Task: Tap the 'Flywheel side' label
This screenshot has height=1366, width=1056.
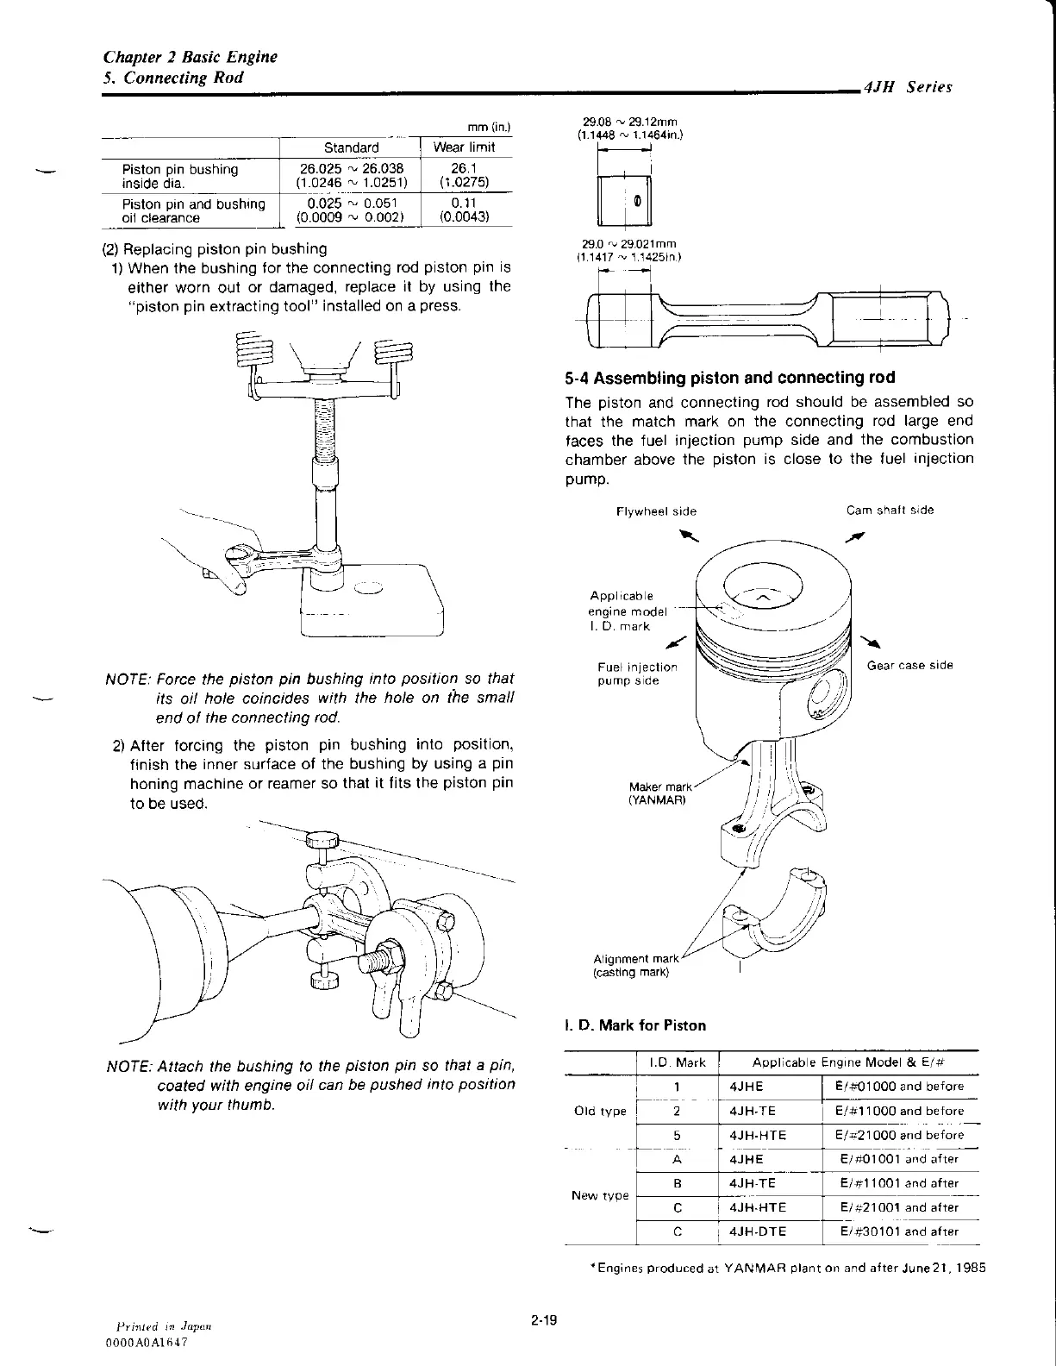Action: click(x=656, y=511)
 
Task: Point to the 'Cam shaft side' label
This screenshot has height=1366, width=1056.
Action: click(x=890, y=510)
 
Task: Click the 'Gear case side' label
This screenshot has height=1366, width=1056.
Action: click(x=909, y=665)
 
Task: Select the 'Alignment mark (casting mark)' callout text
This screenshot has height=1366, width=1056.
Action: click(x=636, y=965)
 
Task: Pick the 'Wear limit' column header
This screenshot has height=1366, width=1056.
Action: click(x=464, y=147)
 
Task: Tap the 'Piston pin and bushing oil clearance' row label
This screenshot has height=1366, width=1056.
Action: click(x=193, y=211)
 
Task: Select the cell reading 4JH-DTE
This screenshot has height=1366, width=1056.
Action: click(x=758, y=1231)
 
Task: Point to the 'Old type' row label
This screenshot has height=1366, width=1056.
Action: click(x=600, y=1111)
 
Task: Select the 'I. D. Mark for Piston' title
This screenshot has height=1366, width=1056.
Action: click(x=635, y=1025)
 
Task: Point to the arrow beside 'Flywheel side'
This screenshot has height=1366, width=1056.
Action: click(x=687, y=536)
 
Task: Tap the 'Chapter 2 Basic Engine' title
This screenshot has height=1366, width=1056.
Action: click(x=190, y=58)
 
